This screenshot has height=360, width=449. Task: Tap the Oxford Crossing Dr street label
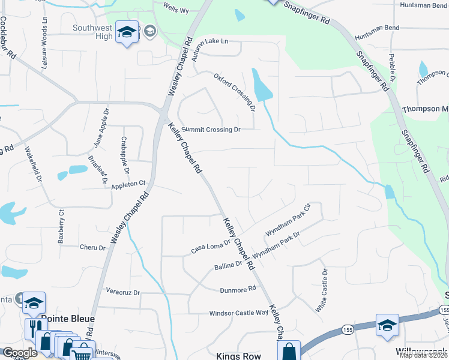tap(235, 92)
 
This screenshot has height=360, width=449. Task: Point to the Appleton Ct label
tap(128, 184)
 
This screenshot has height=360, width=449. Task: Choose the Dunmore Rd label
tap(239, 289)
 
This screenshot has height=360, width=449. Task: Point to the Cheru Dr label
tap(92, 247)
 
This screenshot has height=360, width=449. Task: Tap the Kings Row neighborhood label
tap(238, 356)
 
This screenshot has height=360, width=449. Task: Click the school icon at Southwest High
tap(127, 34)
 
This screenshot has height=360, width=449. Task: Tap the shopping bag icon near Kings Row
tap(289, 351)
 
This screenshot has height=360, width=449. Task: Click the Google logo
tap(20, 353)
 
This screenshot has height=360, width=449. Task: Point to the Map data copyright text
tap(424, 355)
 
